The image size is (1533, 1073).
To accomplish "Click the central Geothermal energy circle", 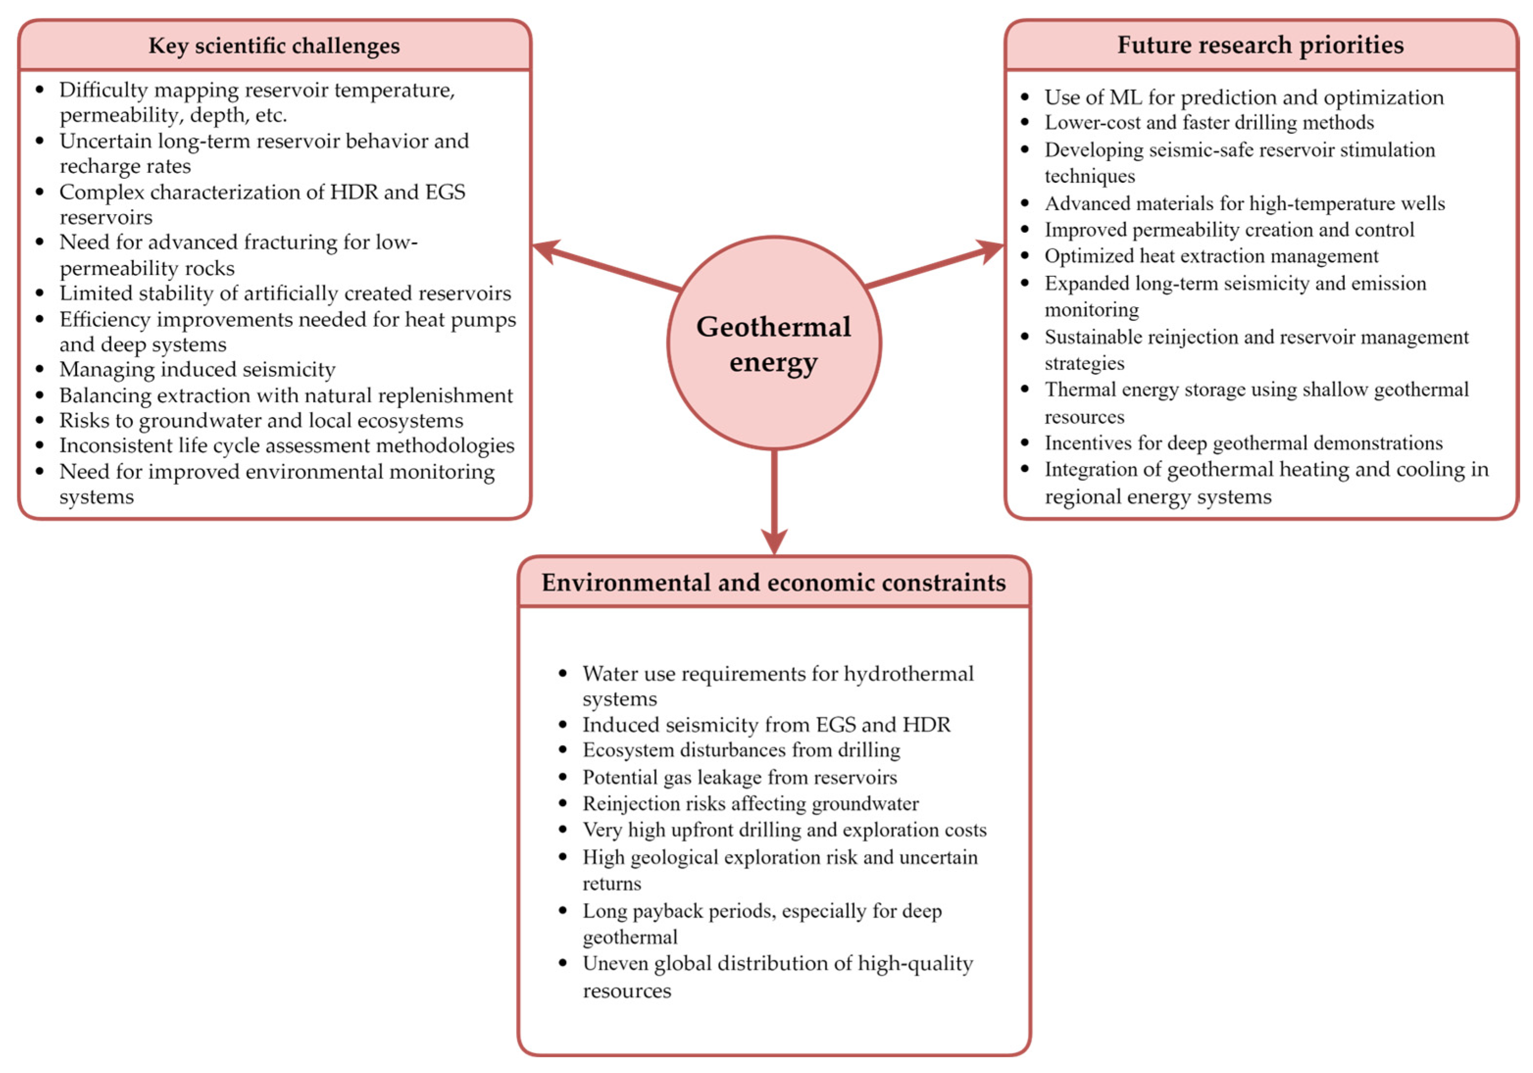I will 774,343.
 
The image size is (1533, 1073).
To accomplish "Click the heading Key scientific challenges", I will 274,46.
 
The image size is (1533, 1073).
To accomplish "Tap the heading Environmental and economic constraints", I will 773,582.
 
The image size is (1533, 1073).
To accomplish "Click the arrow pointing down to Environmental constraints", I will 774,501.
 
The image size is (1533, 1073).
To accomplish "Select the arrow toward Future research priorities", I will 935,267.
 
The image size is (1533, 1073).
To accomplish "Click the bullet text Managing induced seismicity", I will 197,369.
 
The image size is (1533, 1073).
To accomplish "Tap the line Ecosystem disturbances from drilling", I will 741,750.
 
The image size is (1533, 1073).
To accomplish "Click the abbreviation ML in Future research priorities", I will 1125,98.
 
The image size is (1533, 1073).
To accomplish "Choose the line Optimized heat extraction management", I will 1211,256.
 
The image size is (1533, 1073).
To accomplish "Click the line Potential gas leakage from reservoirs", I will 739,777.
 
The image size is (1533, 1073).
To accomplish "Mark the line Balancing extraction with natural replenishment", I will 286,395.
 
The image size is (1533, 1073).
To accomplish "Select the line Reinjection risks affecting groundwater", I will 750,803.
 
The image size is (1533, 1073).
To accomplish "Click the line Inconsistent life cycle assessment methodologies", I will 286,445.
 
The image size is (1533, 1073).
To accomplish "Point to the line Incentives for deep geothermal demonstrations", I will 1243,443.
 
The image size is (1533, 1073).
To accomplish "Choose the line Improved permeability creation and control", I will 1229,230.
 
